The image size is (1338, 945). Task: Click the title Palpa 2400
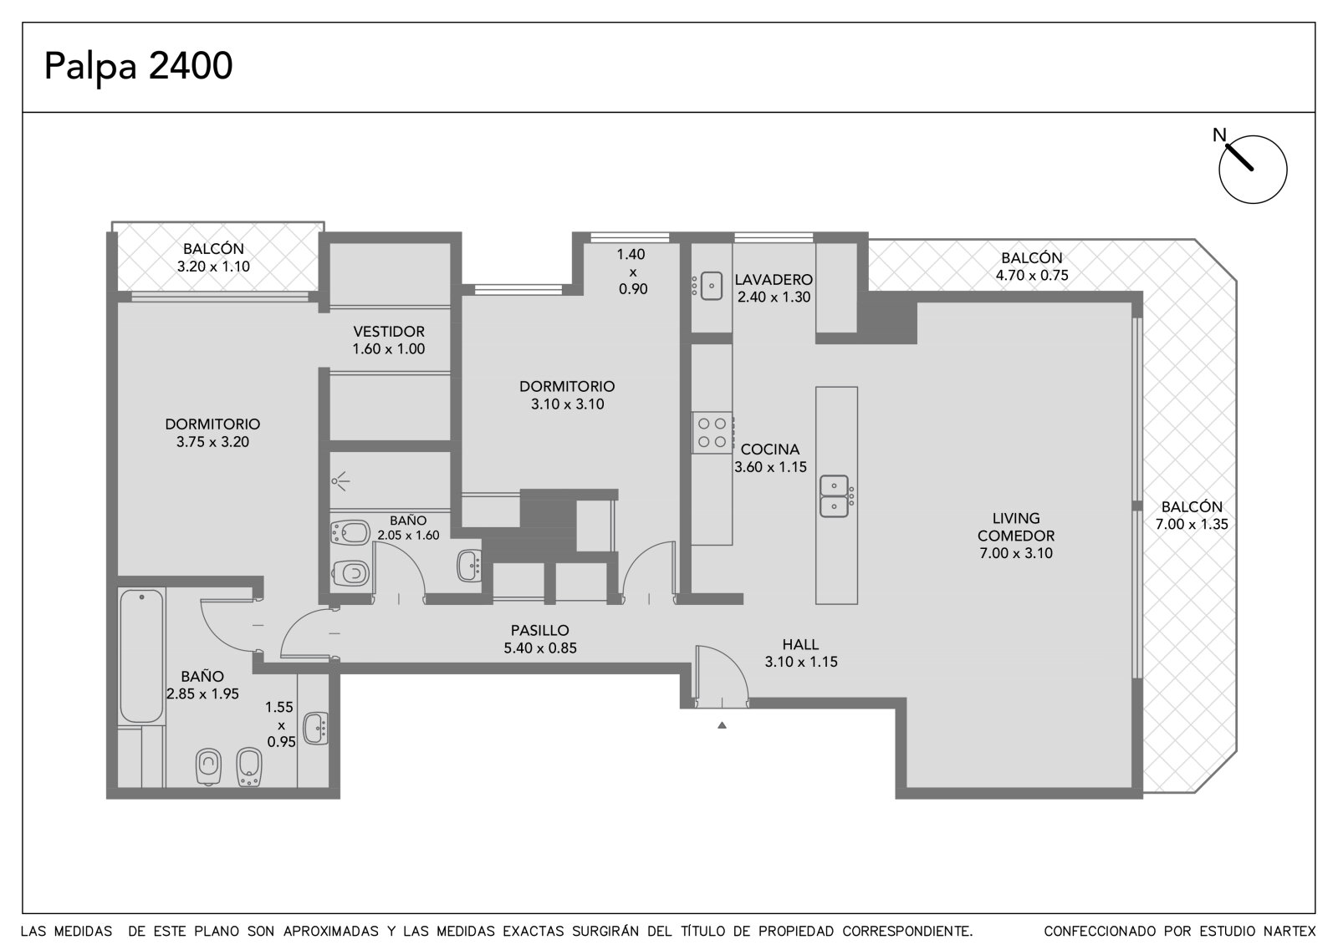coord(138,66)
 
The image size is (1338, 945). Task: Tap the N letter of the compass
coord(1219,135)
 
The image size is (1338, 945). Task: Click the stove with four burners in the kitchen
coord(712,432)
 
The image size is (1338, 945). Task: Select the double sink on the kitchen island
coord(834,496)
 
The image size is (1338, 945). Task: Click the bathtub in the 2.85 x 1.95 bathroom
coord(141,656)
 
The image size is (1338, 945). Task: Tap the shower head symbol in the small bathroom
coord(341,480)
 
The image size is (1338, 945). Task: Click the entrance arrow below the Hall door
coord(723,725)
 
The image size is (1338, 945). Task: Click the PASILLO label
coord(540,630)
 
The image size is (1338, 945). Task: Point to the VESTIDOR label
coord(389,332)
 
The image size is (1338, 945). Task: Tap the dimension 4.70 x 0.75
coord(1032,275)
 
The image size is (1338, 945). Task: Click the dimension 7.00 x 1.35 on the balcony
coord(1192,524)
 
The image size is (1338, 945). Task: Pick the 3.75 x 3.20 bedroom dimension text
coord(212,442)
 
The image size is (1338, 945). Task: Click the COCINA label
coord(770,449)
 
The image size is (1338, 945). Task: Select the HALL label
coord(800,644)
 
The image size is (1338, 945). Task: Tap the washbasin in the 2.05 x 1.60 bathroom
coord(469,566)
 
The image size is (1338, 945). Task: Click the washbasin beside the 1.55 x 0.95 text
coord(316,729)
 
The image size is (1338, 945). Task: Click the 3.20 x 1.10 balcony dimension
coord(213,267)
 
